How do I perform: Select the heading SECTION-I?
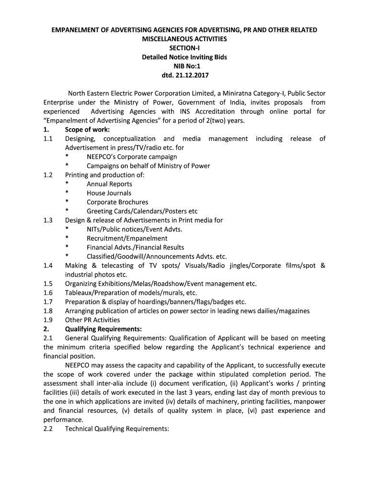pos(184,48)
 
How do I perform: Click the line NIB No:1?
pos(184,67)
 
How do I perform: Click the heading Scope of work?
pos(87,130)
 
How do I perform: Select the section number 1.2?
pos(48,175)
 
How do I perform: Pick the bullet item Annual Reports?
pos(109,184)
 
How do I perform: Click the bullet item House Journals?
pos(109,193)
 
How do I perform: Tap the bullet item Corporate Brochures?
pos(117,202)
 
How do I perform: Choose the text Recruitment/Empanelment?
pos(127,238)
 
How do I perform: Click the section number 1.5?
pos(48,284)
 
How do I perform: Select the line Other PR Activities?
pos(92,320)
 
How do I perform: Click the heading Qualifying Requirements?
pos(104,329)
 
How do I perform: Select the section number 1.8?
pos(48,311)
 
